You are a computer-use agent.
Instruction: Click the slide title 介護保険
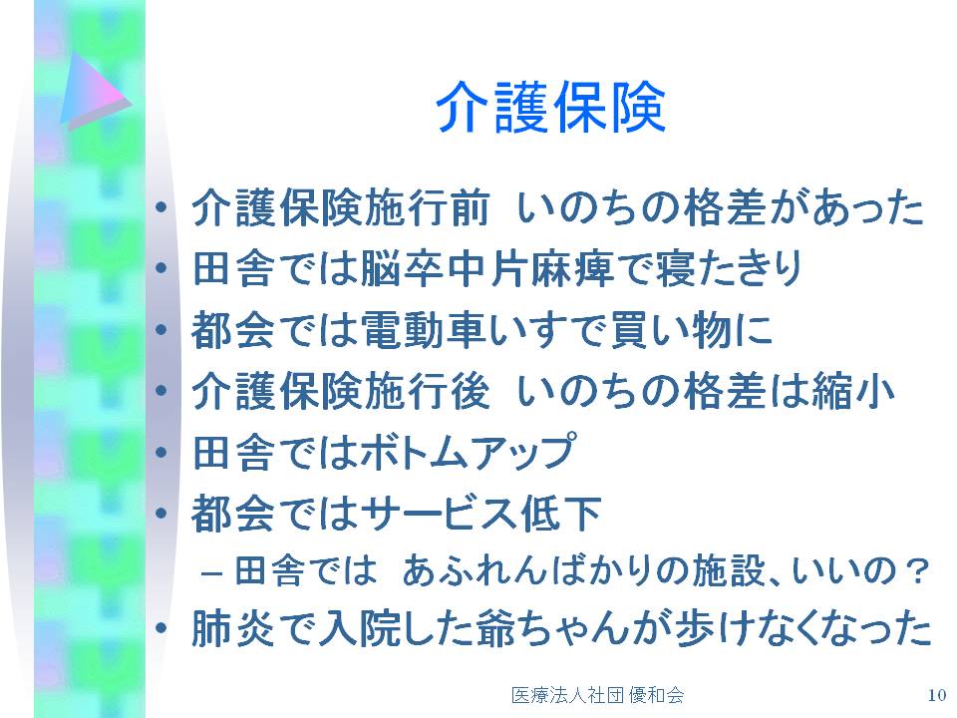(550, 108)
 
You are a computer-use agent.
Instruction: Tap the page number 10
(936, 695)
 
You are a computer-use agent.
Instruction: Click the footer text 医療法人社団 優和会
(597, 695)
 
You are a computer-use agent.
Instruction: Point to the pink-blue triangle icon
(96, 92)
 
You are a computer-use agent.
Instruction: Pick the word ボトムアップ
(468, 452)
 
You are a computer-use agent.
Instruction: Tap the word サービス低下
(480, 513)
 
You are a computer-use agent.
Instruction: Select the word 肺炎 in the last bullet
(232, 629)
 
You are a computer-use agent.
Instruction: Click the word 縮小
(852, 391)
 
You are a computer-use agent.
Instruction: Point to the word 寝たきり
(729, 268)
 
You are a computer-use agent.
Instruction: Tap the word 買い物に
(691, 330)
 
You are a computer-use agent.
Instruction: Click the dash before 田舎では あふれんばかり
(210, 574)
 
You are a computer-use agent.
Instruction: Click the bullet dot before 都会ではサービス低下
(161, 512)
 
